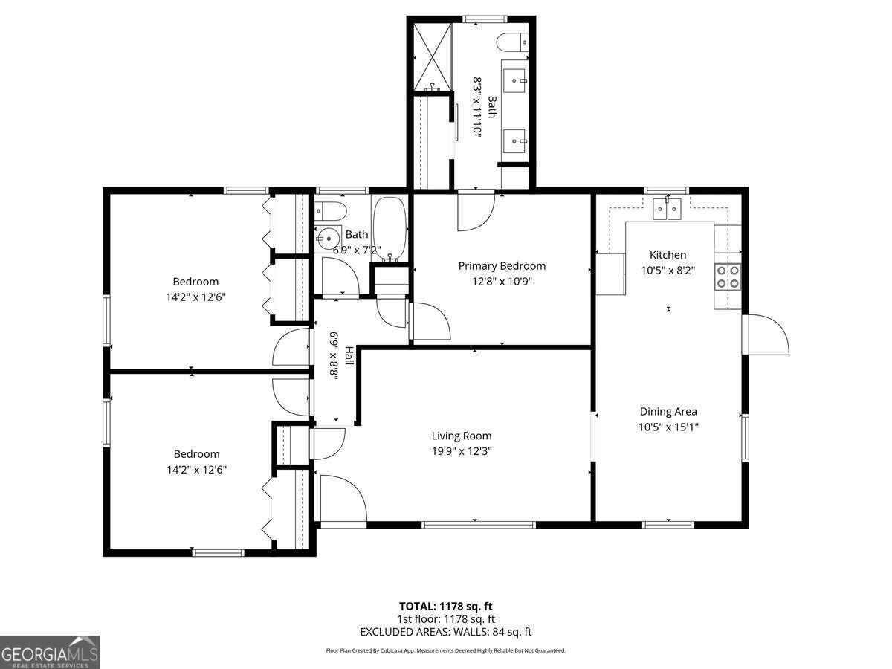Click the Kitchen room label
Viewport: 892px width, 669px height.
[x=668, y=255]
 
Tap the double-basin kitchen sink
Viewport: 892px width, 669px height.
[x=668, y=210]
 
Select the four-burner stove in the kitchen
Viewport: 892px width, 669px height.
[x=727, y=277]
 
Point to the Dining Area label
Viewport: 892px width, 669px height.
[x=668, y=411]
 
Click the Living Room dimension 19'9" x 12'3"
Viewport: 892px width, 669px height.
[x=462, y=450]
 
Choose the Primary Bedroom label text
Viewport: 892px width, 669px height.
[x=502, y=266]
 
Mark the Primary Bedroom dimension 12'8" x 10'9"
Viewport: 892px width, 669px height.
[x=502, y=282]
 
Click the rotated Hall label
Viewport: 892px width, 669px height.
[x=348, y=357]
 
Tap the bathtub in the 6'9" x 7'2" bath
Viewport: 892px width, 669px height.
[x=389, y=228]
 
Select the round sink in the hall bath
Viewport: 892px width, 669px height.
[x=327, y=238]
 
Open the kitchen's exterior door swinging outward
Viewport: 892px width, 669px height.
[x=767, y=334]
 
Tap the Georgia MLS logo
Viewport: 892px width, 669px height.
[x=51, y=652]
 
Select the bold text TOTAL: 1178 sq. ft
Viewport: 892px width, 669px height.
[x=446, y=605]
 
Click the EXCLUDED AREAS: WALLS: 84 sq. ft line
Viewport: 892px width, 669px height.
[x=446, y=632]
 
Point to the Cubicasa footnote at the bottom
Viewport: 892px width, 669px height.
[x=446, y=650]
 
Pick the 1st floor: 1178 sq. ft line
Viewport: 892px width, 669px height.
[x=446, y=618]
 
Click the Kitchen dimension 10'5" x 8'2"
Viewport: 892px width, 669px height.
[x=668, y=271]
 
